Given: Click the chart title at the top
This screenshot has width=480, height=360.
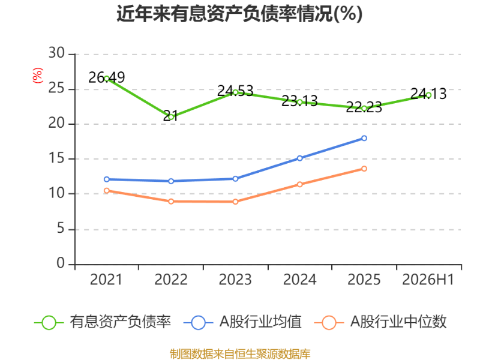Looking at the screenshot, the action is click(239, 14).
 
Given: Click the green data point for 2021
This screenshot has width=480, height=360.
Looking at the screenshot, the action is click(107, 79).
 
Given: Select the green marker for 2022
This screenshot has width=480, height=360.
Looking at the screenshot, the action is click(171, 117).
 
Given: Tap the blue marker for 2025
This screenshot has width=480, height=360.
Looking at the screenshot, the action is click(364, 139).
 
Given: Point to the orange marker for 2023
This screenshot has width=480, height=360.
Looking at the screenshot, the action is click(235, 202).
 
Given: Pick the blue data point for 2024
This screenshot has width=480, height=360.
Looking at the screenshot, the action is click(299, 158).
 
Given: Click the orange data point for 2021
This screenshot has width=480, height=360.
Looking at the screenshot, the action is click(107, 190).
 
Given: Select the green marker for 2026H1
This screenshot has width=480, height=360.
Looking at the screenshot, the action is click(428, 95).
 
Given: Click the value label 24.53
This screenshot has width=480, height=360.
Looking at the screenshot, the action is click(235, 91).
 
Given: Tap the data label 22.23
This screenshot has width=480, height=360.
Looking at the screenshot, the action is click(364, 107).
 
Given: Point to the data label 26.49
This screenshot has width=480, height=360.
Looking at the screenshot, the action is click(107, 77).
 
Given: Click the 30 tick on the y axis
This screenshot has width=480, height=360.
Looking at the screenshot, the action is click(56, 53).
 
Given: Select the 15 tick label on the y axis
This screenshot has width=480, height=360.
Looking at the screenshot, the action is click(56, 158).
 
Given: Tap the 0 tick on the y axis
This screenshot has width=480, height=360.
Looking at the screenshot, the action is click(61, 263).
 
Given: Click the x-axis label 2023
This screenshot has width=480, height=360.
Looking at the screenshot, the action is click(235, 280).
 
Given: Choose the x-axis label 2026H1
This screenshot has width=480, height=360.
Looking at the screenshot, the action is click(428, 280).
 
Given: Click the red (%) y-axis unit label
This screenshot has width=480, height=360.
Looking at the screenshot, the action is click(38, 76).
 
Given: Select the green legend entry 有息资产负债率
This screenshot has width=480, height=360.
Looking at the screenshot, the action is click(103, 322).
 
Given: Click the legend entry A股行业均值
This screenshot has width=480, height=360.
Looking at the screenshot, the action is click(243, 322).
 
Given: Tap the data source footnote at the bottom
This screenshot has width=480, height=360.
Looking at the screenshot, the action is click(240, 354).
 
